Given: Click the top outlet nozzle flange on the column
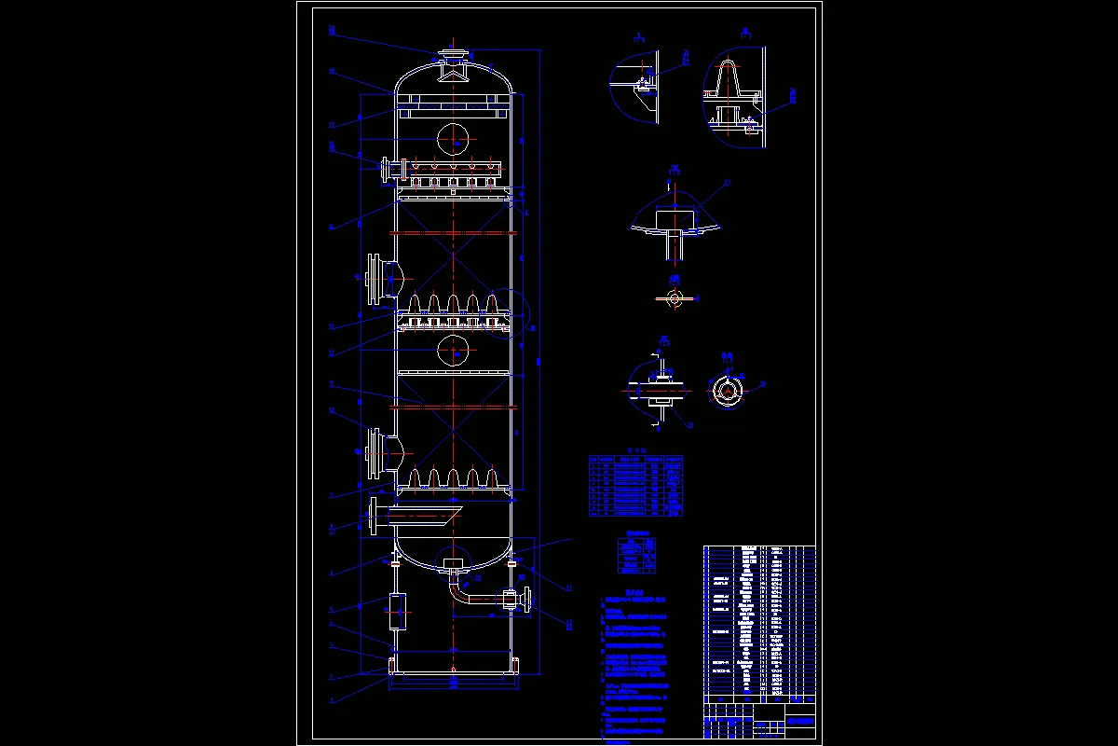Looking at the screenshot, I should pyautogui.click(x=453, y=53).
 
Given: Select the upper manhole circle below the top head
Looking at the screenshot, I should pyautogui.click(x=453, y=138).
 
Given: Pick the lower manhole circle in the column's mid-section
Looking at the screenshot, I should pyautogui.click(x=453, y=350).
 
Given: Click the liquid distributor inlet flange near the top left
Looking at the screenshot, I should pyautogui.click(x=384, y=171).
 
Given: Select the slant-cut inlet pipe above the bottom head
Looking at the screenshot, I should pyautogui.click(x=424, y=515).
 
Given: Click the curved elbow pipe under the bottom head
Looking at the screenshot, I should pyautogui.click(x=457, y=589).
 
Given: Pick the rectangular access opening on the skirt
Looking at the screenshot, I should pyautogui.click(x=395, y=615).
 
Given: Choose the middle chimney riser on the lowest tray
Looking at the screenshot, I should pyautogui.click(x=453, y=477).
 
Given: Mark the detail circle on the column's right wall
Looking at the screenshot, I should pyautogui.click(x=523, y=316).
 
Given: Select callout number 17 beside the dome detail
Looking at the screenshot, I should pyautogui.click(x=727, y=183).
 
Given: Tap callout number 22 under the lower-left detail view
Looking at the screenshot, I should pyautogui.click(x=690, y=426).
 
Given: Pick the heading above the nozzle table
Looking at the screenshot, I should pyautogui.click(x=634, y=449).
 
